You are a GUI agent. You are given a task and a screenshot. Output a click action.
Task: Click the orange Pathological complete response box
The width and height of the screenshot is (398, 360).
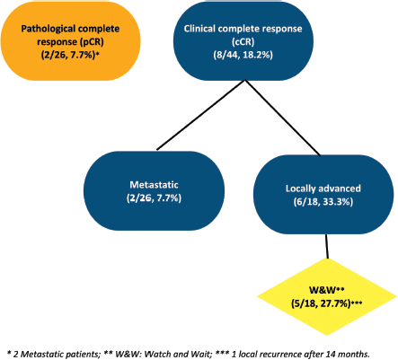[70, 41]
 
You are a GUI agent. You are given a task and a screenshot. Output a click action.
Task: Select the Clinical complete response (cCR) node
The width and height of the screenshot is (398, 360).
[243, 41]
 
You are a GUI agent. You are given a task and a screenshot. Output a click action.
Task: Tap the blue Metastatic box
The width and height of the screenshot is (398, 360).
[154, 191]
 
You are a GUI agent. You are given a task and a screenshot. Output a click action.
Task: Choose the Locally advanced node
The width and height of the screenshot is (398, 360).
[323, 195]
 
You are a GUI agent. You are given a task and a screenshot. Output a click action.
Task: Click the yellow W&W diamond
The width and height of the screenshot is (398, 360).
[327, 297]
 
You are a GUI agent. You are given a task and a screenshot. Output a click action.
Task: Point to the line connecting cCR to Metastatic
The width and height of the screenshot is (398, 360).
[201, 115]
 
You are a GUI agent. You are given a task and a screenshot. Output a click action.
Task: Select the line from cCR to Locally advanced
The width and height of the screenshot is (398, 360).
[283, 118]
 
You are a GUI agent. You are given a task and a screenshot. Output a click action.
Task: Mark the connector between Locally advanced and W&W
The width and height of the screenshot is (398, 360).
[327, 246]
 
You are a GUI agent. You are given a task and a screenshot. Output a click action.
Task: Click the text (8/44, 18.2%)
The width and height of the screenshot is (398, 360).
[243, 56]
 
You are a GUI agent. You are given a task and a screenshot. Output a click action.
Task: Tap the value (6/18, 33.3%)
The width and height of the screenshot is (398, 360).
[323, 202]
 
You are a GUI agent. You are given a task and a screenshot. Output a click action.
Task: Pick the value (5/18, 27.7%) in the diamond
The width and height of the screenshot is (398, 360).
[321, 303]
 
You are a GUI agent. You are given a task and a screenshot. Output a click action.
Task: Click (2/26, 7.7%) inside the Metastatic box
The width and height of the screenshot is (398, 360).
[154, 198]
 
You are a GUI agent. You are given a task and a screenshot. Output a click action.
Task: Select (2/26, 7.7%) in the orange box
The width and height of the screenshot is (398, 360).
[68, 56]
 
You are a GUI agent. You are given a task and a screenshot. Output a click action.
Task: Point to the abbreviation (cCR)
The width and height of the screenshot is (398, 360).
[243, 42]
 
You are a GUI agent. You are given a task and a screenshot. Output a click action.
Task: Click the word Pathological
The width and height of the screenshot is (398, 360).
[45, 29]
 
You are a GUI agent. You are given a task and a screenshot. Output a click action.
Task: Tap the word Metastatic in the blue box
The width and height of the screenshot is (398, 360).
[154, 185]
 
